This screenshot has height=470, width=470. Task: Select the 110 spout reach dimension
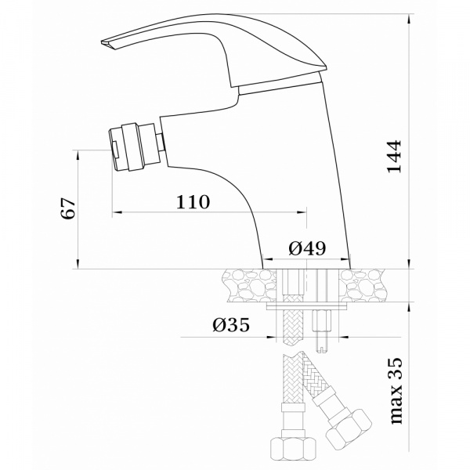pos(193,201)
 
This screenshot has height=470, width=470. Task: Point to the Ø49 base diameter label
pos(307,248)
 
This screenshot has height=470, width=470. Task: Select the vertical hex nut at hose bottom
pos(289,449)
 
